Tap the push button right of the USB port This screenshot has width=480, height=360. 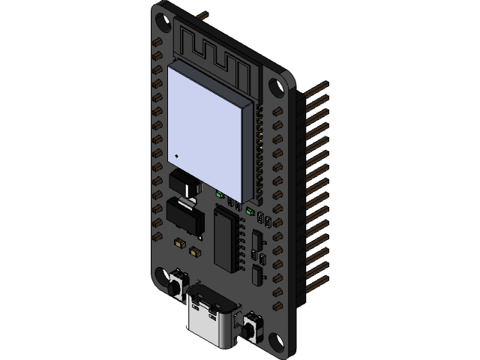(x=253, y=325)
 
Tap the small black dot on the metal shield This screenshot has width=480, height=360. (x=177, y=155)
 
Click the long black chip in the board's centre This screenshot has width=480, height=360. (x=227, y=238)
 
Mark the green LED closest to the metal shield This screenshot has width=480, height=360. (x=218, y=193)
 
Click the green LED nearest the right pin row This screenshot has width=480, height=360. (x=247, y=211)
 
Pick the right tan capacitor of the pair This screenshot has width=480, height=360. (x=196, y=252)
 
